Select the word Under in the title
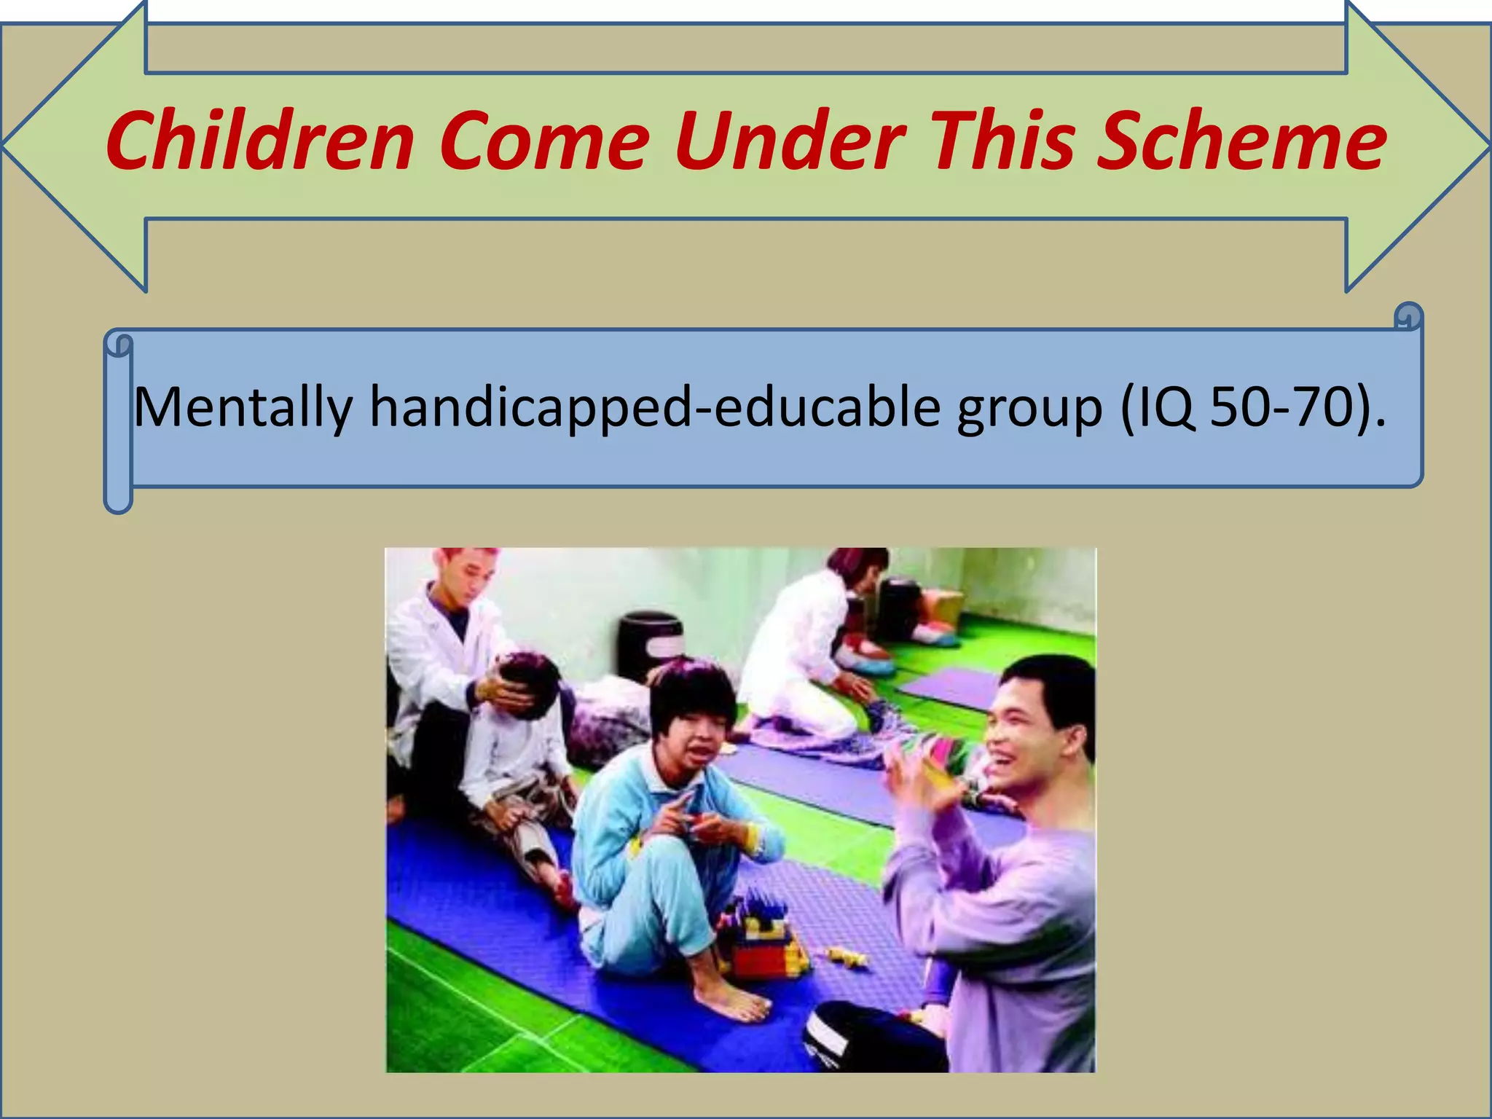click(790, 141)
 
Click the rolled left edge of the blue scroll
click(118, 423)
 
